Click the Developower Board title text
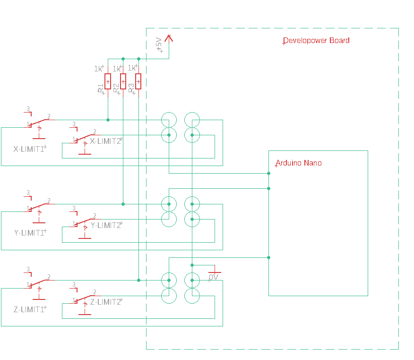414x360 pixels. coord(316,41)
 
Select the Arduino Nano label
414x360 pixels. coord(299,163)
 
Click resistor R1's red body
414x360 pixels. coord(108,81)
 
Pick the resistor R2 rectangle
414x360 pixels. coord(123,81)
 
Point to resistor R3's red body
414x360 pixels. coord(138,81)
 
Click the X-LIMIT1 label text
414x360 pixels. coord(29,149)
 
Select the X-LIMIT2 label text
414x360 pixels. coord(105,141)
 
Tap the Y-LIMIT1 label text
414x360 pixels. coord(29,233)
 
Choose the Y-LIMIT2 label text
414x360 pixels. coord(105,225)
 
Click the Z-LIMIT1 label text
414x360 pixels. coord(29,310)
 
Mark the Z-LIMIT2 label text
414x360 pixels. coord(105,302)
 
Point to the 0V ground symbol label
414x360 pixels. coord(214,277)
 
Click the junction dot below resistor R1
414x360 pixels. coord(108,120)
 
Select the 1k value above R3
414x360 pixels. coord(132,68)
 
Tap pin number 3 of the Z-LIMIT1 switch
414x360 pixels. coord(28,269)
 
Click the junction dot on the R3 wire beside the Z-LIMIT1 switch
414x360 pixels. coord(138,280)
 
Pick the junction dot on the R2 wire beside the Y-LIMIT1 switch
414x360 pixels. coord(123,204)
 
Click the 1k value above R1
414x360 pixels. coord(98,69)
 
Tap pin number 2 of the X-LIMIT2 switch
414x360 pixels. coord(95,132)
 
